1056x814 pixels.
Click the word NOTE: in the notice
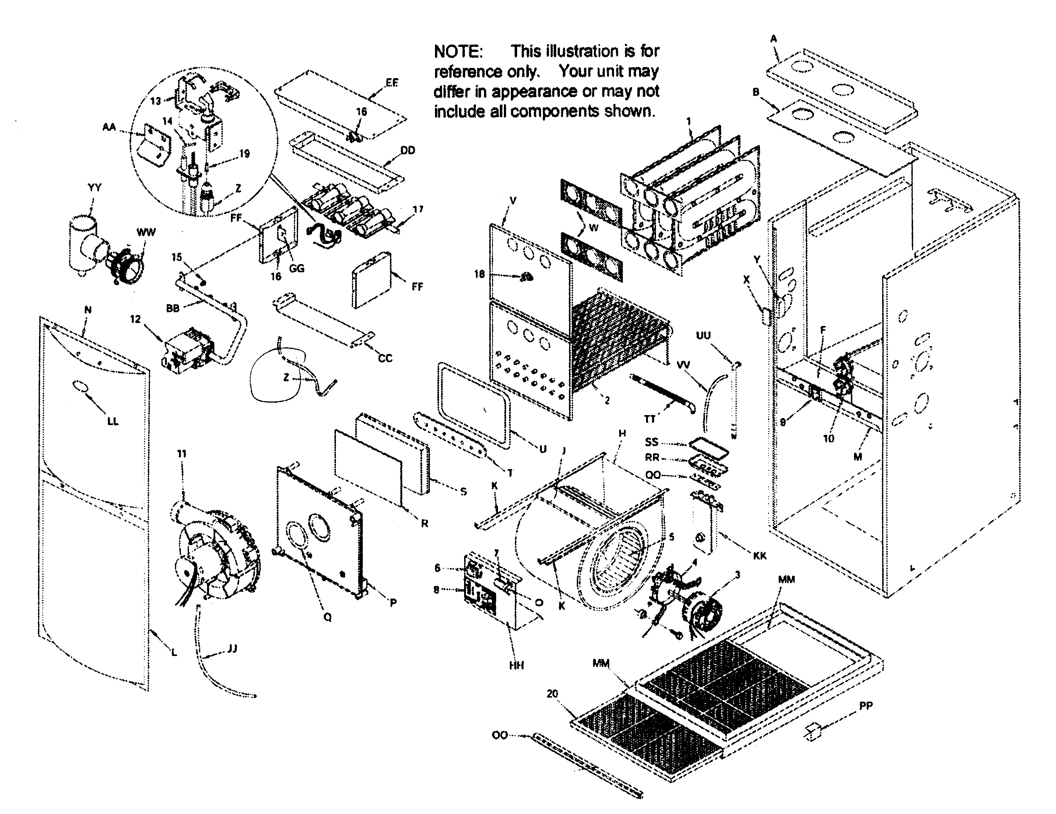tap(457, 51)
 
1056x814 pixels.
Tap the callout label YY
tap(95, 187)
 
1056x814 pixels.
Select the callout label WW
tap(146, 232)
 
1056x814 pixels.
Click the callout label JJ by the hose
tap(232, 649)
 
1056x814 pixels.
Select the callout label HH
tap(516, 666)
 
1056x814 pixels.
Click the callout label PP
tap(866, 706)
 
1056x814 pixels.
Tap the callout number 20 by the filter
tap(552, 694)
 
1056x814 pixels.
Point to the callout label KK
tap(759, 556)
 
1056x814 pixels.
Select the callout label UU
tap(703, 336)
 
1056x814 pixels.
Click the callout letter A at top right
tap(773, 39)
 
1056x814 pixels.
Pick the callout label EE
tap(392, 83)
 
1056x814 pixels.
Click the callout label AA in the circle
tap(109, 127)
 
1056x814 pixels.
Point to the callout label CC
tap(385, 358)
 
